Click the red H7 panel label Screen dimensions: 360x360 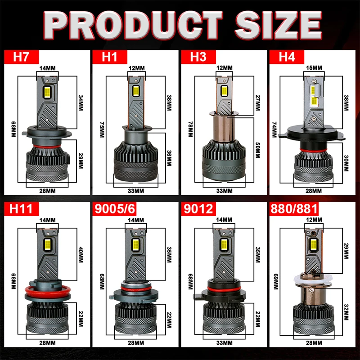(x=21, y=57)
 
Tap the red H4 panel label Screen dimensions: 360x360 (x=287, y=57)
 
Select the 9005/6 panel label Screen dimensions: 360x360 (x=114, y=209)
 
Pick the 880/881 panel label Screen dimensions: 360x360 (x=294, y=209)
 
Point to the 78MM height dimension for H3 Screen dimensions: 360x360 (x=190, y=129)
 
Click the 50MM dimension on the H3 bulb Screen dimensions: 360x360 (x=257, y=150)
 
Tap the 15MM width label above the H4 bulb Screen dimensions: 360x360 (x=314, y=68)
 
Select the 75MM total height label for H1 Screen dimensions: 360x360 (x=102, y=130)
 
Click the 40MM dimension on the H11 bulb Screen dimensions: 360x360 (x=81, y=255)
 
